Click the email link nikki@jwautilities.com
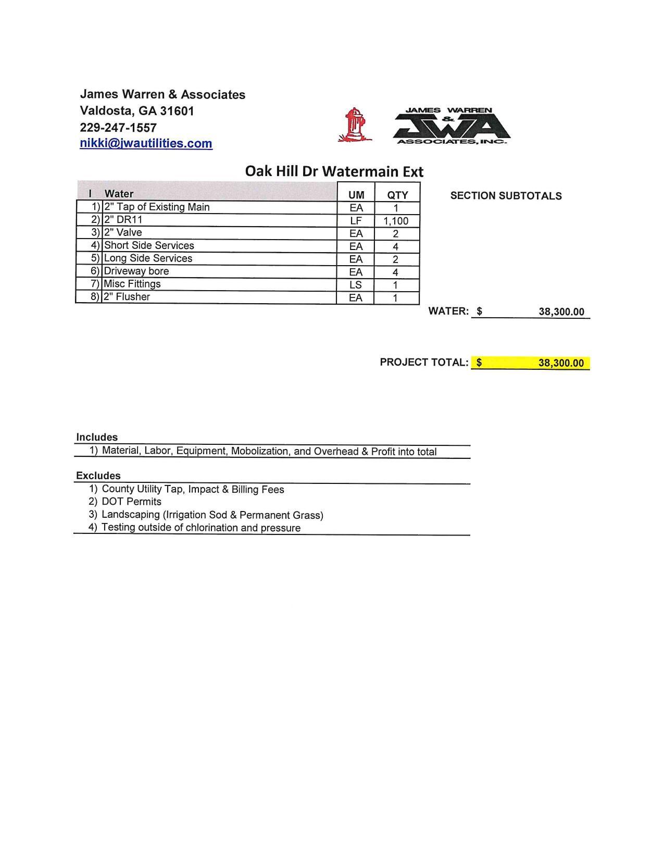tap(146, 143)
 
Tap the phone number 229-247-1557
tap(118, 127)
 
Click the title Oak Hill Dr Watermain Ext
tap(334, 171)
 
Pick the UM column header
tap(356, 195)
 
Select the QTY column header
tap(397, 195)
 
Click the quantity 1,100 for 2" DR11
tap(396, 221)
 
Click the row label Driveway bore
tap(136, 271)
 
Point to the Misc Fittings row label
tap(132, 284)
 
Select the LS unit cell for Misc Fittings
tap(356, 285)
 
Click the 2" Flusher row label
tap(127, 297)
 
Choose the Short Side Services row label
tap(149, 245)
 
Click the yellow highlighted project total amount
tap(560, 363)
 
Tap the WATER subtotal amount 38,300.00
tap(561, 311)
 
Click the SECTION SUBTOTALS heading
tap(506, 196)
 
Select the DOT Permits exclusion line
tap(131, 502)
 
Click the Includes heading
tap(97, 437)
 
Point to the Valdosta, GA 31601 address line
tap(137, 111)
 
